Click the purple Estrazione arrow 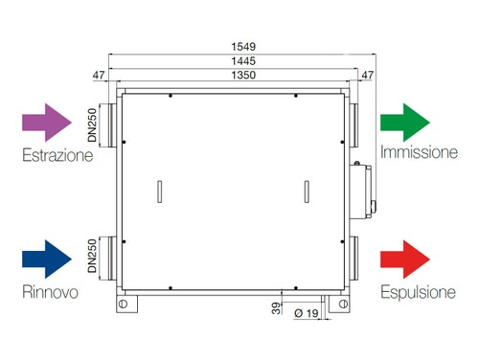47,123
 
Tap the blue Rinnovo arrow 47,259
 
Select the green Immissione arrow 405,123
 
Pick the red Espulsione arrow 405,259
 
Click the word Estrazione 57,155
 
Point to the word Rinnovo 50,292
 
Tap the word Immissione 419,152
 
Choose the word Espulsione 418,292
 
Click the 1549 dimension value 243,47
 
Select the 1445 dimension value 243,61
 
